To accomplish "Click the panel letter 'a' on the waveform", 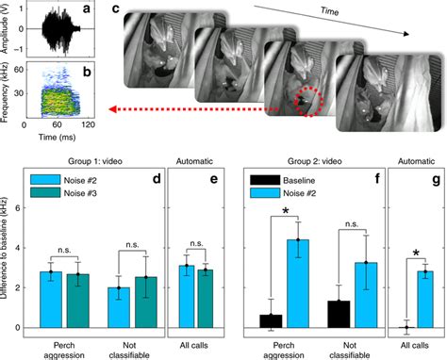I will [85, 10].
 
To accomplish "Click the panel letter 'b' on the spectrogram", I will [85, 68].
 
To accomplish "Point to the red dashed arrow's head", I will [111, 109].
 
